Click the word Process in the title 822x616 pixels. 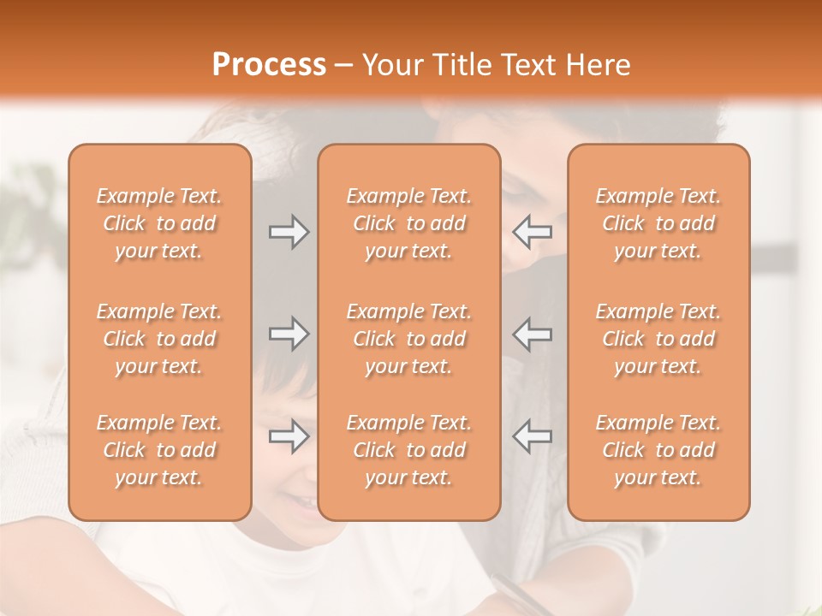point(269,65)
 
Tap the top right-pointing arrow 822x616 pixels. point(289,232)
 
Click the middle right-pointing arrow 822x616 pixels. point(289,334)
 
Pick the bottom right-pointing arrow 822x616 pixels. point(289,436)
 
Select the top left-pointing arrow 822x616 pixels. point(532,232)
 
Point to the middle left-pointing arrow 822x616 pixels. point(532,334)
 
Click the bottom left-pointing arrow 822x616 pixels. point(532,436)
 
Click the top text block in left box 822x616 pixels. point(159,223)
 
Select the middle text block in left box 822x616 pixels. point(159,339)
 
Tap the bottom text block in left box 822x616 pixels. point(159,450)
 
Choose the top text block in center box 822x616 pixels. point(408,223)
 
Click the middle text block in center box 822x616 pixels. point(408,339)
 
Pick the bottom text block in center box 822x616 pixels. point(408,450)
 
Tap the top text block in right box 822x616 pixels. point(658,223)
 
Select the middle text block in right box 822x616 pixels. point(658,339)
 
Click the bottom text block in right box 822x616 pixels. point(658,450)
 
